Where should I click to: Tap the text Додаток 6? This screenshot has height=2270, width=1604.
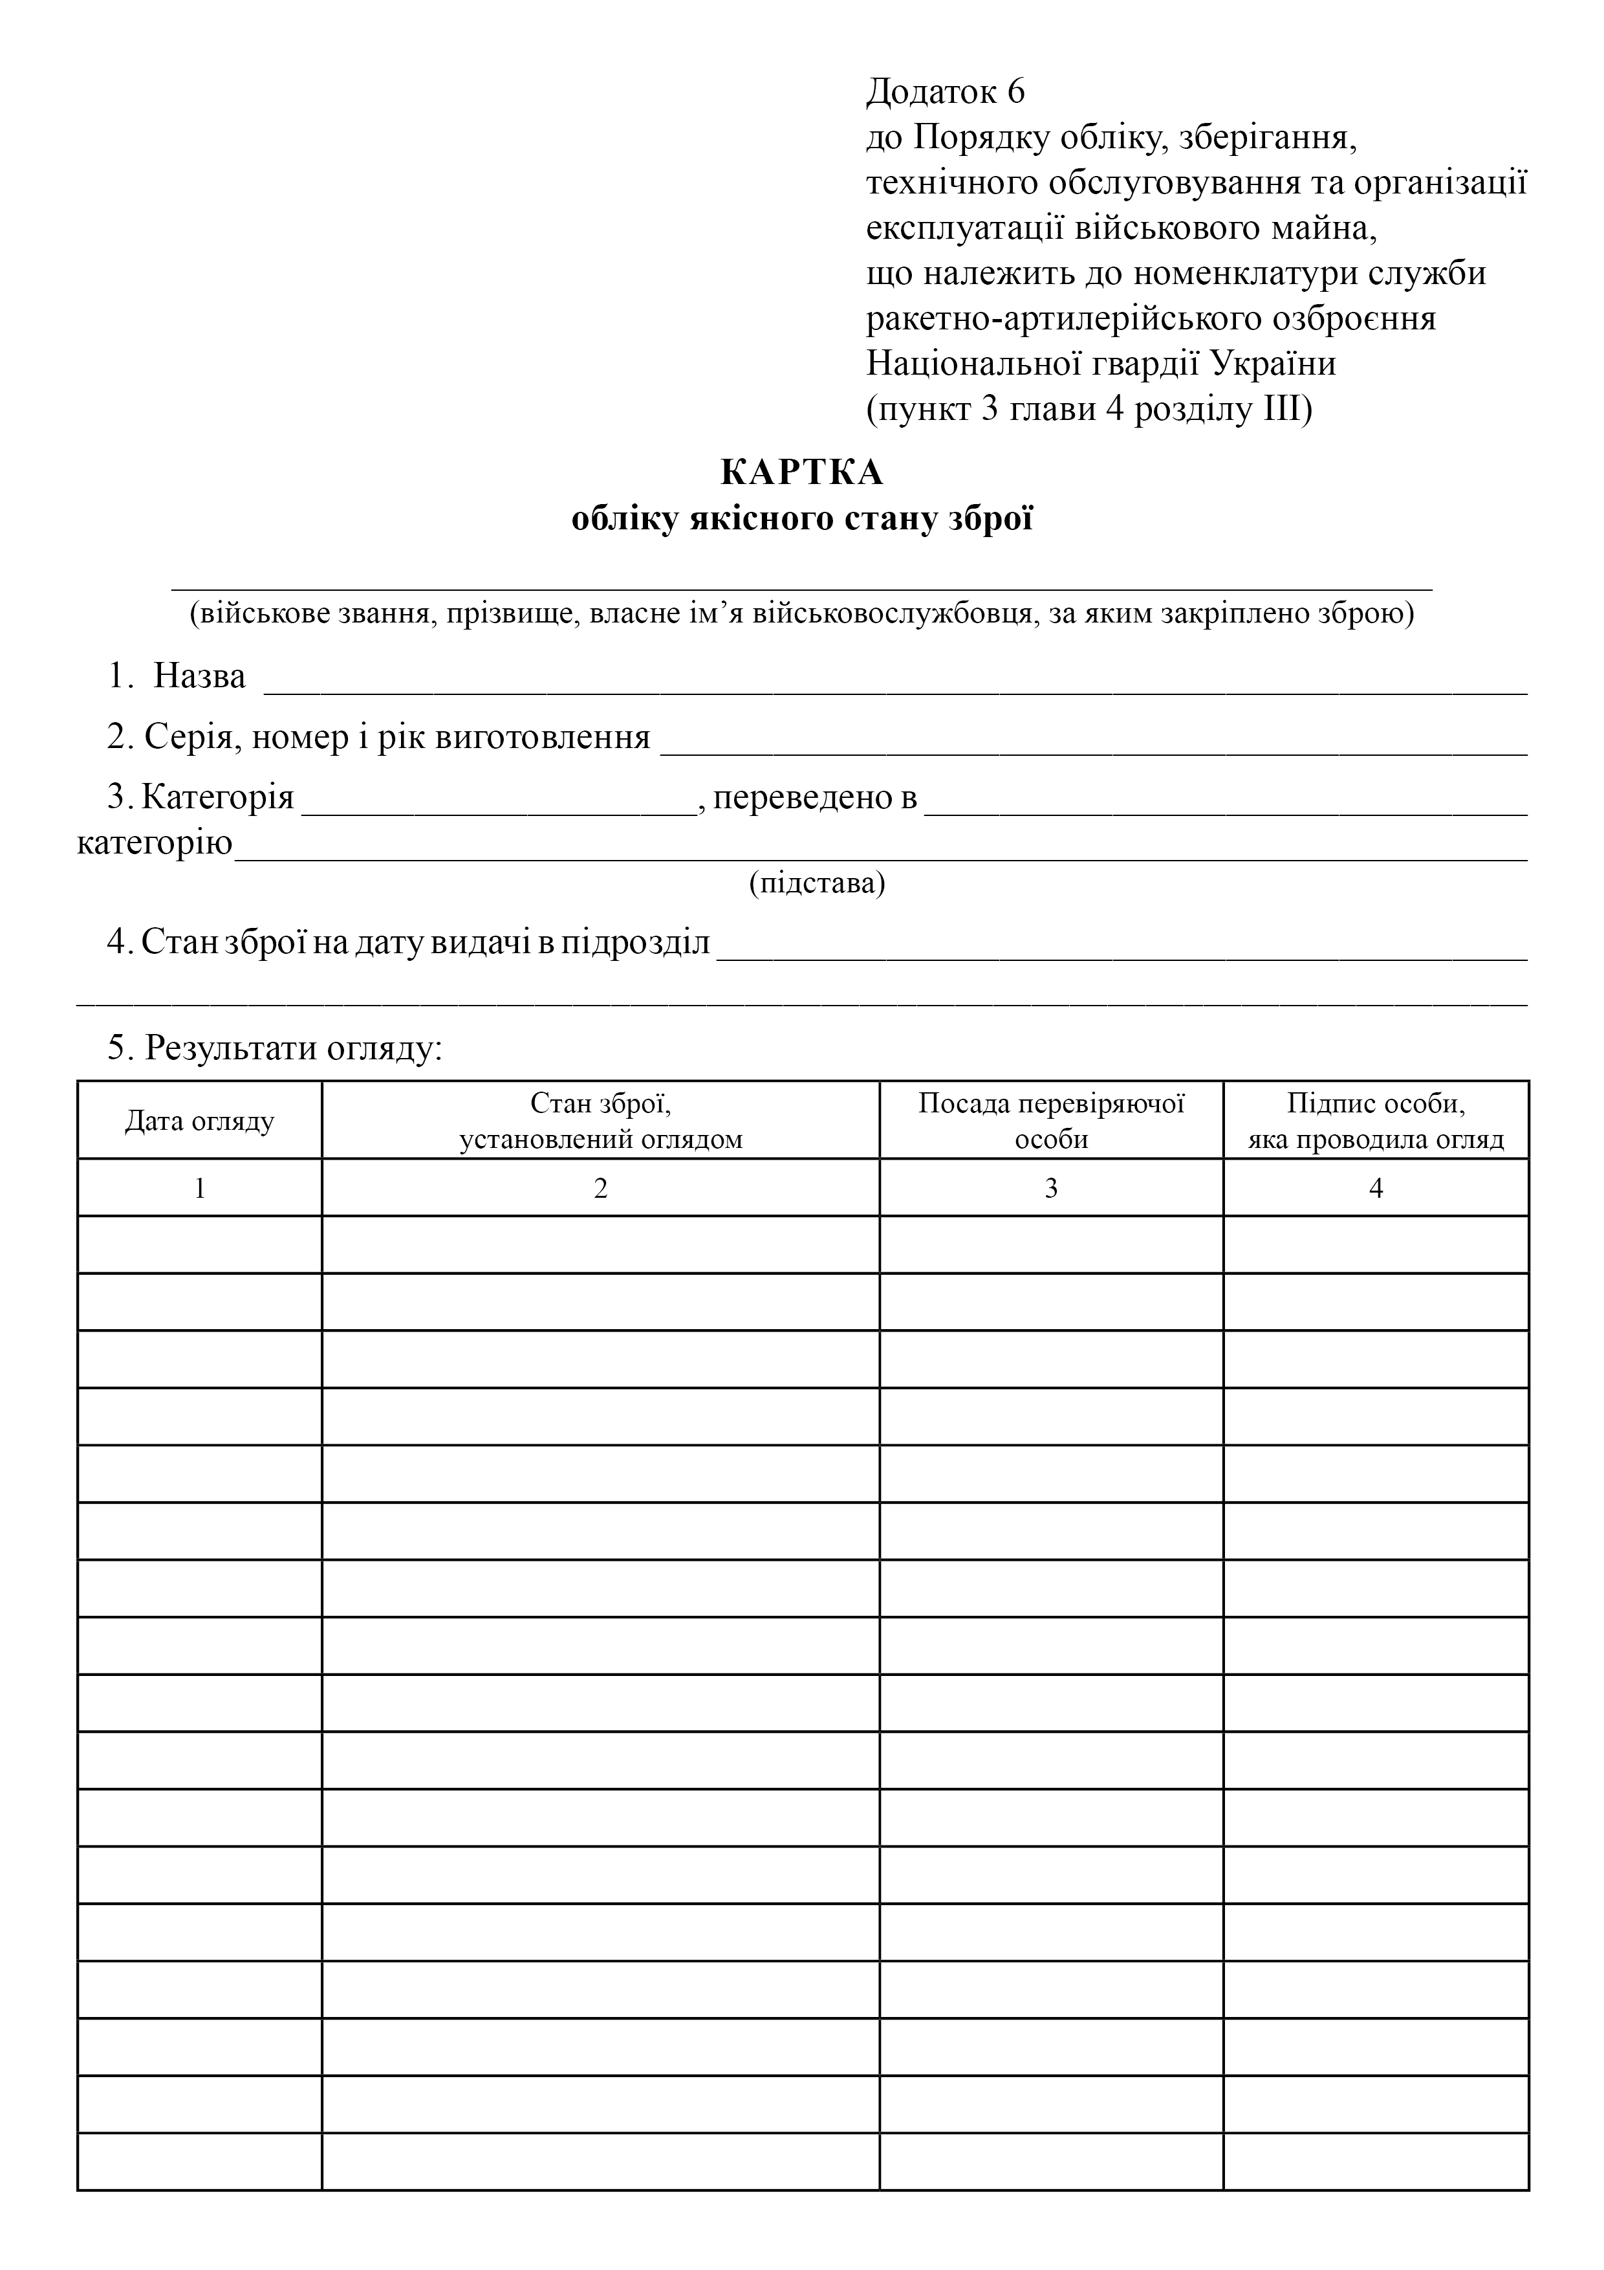tap(946, 91)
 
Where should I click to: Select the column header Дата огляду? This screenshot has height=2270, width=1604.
tap(200, 1121)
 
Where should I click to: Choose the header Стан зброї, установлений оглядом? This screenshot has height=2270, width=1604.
tap(600, 1121)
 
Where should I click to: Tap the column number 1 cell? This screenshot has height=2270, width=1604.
tap(200, 1187)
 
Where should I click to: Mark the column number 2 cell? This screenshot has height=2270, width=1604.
tap(600, 1187)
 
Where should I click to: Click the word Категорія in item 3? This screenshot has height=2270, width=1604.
tap(217, 797)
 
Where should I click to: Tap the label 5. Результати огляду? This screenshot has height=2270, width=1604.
tap(275, 1048)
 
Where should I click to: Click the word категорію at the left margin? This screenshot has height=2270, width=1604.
tap(155, 843)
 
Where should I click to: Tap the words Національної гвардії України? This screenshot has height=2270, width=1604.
tap(1101, 364)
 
